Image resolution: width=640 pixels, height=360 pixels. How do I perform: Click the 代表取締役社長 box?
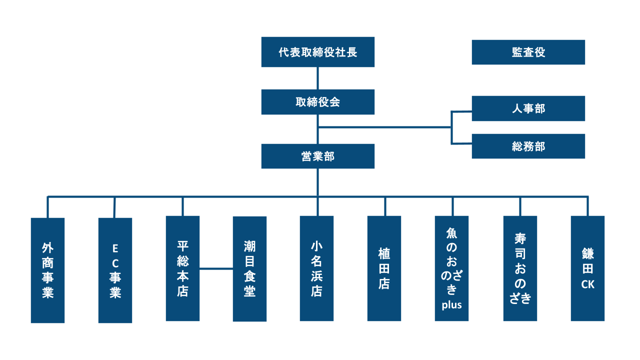click(317, 52)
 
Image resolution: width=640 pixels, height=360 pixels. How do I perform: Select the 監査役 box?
click(528, 52)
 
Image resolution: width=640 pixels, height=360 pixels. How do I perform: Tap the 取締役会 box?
click(317, 102)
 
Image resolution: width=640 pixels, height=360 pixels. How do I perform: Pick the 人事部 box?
click(528, 108)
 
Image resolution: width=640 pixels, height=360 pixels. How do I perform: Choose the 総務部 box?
click(528, 146)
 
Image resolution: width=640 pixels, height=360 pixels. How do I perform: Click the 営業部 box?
click(317, 156)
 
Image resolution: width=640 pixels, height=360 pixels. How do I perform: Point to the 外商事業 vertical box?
click(47, 270)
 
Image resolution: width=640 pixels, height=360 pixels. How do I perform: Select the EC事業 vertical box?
click(115, 270)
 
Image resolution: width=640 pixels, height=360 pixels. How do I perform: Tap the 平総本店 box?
click(182, 268)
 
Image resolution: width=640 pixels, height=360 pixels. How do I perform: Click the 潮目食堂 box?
click(249, 268)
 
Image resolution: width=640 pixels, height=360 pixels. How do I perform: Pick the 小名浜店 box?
click(316, 268)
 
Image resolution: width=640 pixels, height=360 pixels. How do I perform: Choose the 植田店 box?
click(384, 268)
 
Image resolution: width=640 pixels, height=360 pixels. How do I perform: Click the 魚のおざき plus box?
click(451, 268)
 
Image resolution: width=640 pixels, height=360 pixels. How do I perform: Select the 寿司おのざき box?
click(520, 268)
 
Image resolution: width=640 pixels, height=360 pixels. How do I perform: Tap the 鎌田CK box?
click(587, 268)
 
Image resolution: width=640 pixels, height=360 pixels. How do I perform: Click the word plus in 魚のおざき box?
click(451, 305)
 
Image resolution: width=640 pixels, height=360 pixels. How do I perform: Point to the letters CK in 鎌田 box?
click(587, 284)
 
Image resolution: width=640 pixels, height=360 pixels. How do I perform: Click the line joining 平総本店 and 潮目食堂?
click(216, 268)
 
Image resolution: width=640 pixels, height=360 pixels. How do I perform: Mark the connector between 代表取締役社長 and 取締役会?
click(317, 78)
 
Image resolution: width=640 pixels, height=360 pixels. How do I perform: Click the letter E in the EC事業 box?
click(115, 247)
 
